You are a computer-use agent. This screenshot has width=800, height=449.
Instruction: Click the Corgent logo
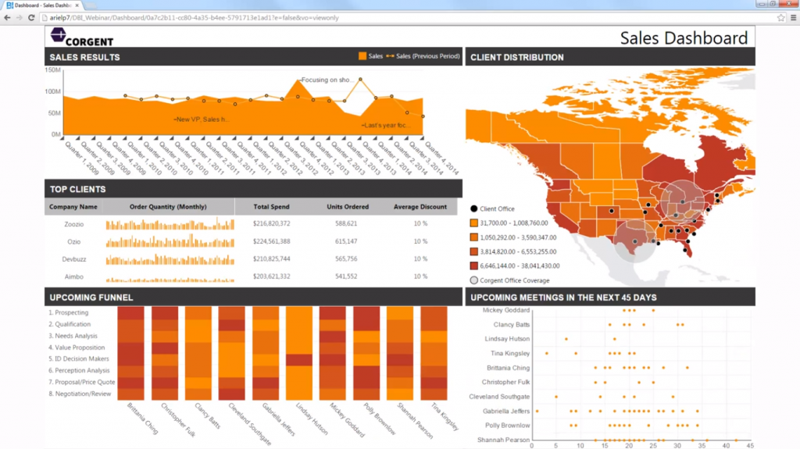(82, 36)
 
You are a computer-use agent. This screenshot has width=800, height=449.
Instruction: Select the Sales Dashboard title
(684, 37)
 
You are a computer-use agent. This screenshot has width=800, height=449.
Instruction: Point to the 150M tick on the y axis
(53, 69)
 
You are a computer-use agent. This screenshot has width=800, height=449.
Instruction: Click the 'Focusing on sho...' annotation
(329, 80)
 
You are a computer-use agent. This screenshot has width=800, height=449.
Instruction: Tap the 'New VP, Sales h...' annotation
(202, 119)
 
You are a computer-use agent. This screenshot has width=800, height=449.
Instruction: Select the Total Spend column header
(271, 207)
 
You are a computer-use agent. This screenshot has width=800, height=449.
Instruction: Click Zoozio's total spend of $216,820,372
(271, 224)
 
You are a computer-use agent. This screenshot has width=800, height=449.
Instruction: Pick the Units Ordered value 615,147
(346, 241)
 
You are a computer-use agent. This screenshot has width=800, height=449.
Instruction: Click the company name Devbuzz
(74, 258)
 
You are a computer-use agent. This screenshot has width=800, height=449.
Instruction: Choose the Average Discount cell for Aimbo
(420, 276)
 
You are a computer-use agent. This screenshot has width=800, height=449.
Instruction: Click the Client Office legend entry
(497, 209)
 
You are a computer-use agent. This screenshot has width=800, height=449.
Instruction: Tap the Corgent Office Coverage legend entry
(514, 280)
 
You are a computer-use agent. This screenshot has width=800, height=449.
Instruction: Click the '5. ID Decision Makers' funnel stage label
(80, 359)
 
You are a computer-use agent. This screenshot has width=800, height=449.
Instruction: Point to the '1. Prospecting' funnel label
(69, 312)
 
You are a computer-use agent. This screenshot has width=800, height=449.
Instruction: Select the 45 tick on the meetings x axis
(750, 445)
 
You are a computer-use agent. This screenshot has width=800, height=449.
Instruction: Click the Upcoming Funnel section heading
(91, 298)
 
